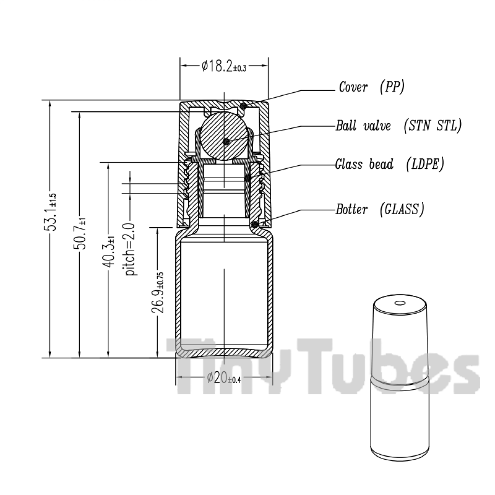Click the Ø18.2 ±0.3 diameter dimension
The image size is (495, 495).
(x=224, y=66)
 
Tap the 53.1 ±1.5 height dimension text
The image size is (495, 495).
(x=50, y=212)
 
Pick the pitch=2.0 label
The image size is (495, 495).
(x=130, y=249)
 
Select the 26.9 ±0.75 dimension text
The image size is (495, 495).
(x=158, y=292)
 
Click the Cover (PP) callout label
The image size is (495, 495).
(x=372, y=87)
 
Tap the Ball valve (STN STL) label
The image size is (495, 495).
(x=398, y=126)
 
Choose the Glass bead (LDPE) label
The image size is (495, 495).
(x=390, y=164)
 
